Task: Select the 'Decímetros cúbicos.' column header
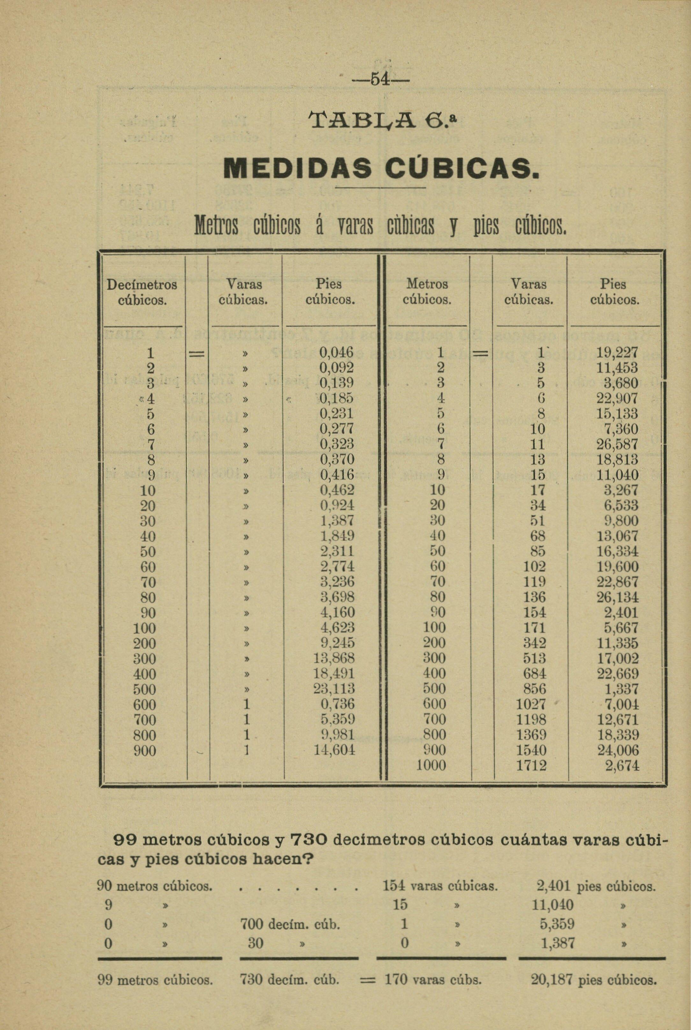pyautogui.click(x=142, y=292)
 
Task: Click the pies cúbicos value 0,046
pyautogui.click(x=337, y=352)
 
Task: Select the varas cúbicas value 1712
pyautogui.click(x=531, y=765)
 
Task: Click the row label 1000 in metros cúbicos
pyautogui.click(x=431, y=765)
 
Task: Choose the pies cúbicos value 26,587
pyautogui.click(x=617, y=444)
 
